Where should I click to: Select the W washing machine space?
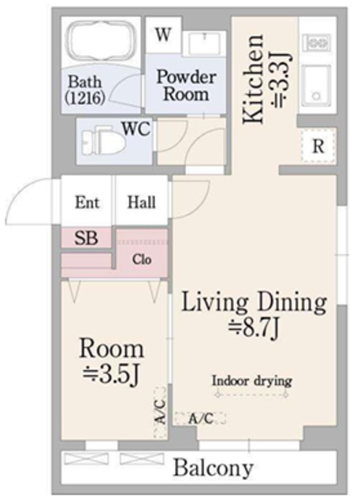click(163, 35)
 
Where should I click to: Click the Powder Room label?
click(187, 86)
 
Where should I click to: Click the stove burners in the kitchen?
click(317, 42)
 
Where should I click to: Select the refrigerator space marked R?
click(318, 146)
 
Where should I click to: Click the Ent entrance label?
click(87, 202)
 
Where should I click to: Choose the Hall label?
click(142, 202)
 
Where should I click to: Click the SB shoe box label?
click(86, 238)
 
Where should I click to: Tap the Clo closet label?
click(142, 259)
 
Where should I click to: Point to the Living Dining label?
click(254, 302)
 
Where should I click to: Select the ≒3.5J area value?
click(112, 374)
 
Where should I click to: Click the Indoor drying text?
click(251, 381)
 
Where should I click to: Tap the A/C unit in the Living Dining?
click(200, 418)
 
